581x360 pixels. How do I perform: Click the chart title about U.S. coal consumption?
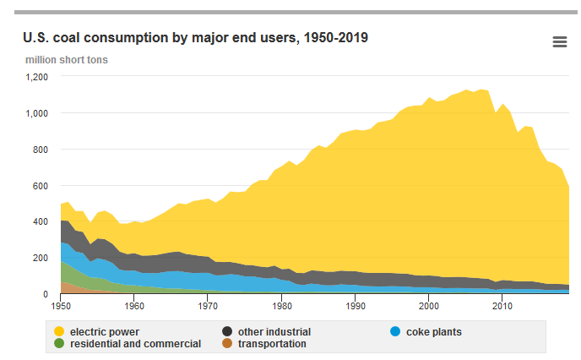[195, 38]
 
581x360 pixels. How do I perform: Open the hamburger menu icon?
[559, 42]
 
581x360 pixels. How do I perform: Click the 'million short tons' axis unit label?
[67, 60]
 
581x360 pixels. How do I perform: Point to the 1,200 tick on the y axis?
[35, 77]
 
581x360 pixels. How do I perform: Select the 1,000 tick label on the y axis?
[35, 113]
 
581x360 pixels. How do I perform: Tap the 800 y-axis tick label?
[40, 150]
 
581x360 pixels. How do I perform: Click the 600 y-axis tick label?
[40, 186]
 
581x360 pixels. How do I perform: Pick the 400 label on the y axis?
[40, 222]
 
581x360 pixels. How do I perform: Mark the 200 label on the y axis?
[40, 259]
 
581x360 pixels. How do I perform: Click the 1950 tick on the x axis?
[60, 304]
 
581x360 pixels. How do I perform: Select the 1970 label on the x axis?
[207, 304]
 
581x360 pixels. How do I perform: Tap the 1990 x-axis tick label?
[355, 304]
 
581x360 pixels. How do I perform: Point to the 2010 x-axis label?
[502, 304]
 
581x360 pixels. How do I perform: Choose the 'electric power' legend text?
[105, 332]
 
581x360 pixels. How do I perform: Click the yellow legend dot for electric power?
[58, 332]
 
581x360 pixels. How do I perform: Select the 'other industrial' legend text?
[274, 332]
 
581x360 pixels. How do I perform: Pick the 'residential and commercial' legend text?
[135, 344]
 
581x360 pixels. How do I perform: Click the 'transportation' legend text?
[272, 344]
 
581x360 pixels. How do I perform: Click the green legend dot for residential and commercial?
[58, 344]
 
